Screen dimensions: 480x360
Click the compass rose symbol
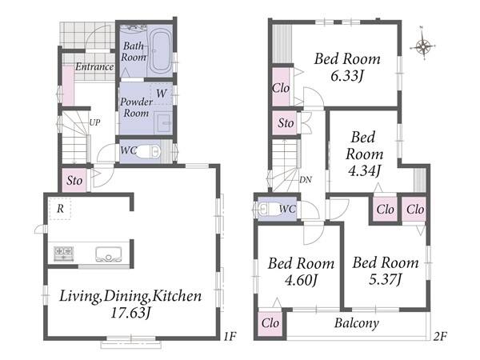point(422,47)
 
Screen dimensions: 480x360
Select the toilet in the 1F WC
point(148,151)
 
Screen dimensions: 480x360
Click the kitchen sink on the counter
point(108,254)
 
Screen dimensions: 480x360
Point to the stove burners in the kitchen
point(64,254)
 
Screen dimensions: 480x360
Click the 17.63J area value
point(130,313)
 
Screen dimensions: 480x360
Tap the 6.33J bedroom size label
point(347,75)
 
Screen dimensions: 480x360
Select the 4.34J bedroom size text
point(364,170)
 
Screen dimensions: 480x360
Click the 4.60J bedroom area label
point(301,279)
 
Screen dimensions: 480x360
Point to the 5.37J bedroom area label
point(385,279)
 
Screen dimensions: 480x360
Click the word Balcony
point(357,323)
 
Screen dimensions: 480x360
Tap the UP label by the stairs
point(94,122)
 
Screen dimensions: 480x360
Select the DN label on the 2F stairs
point(306,180)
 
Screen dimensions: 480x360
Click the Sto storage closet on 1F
point(74,180)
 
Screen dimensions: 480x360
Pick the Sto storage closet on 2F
point(286,123)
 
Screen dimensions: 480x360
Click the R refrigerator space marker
point(60,209)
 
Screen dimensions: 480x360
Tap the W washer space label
point(162,94)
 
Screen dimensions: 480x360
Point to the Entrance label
point(94,66)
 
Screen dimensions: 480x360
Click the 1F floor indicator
point(230,337)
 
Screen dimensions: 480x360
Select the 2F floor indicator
point(440,337)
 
